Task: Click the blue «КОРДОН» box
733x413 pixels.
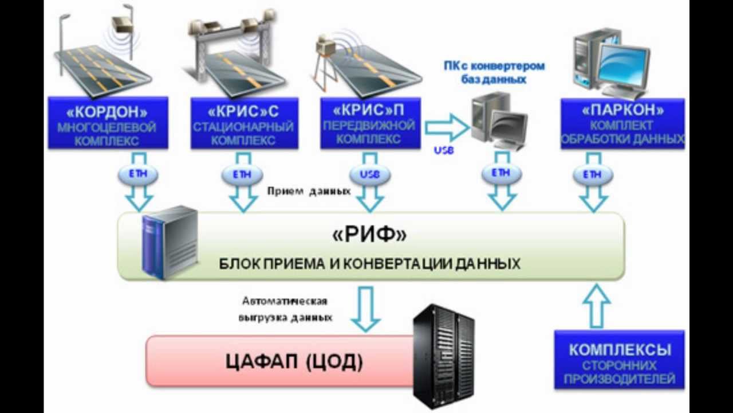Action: (107, 123)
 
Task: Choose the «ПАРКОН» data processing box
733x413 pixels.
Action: (622, 123)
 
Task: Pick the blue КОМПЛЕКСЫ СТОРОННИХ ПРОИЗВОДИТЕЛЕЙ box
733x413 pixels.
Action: (620, 360)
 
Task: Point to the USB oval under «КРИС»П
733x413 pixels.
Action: (369, 174)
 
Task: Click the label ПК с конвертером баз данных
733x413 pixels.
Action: (494, 73)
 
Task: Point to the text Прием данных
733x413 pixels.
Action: (309, 192)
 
